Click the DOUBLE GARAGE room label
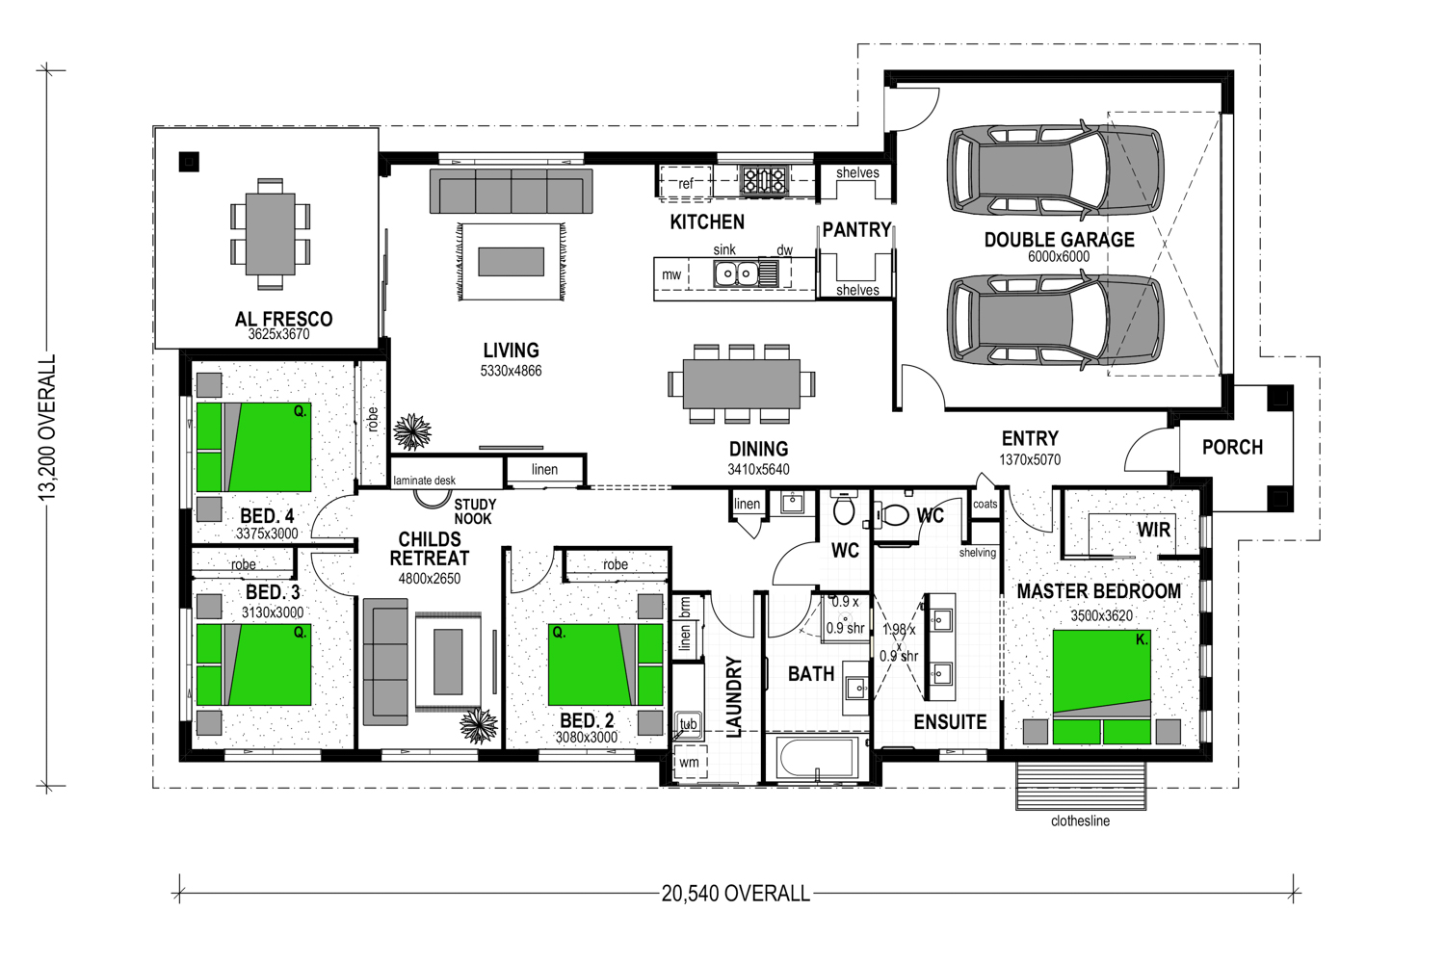[1059, 239]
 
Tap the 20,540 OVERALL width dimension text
[735, 894]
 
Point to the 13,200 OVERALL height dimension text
[48, 428]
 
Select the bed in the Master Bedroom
[1102, 687]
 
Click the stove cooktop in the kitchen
[764, 180]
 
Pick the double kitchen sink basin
[736, 273]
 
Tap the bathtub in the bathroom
[817, 758]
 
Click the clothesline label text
[1080, 821]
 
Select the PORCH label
[1232, 447]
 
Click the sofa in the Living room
[511, 191]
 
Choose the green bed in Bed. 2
[605, 664]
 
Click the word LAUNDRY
[734, 696]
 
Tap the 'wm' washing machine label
[689, 762]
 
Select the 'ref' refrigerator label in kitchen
[685, 183]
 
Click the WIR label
[1153, 530]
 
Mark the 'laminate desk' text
[424, 480]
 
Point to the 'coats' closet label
[985, 504]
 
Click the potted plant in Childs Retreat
[479, 726]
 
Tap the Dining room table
[742, 384]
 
